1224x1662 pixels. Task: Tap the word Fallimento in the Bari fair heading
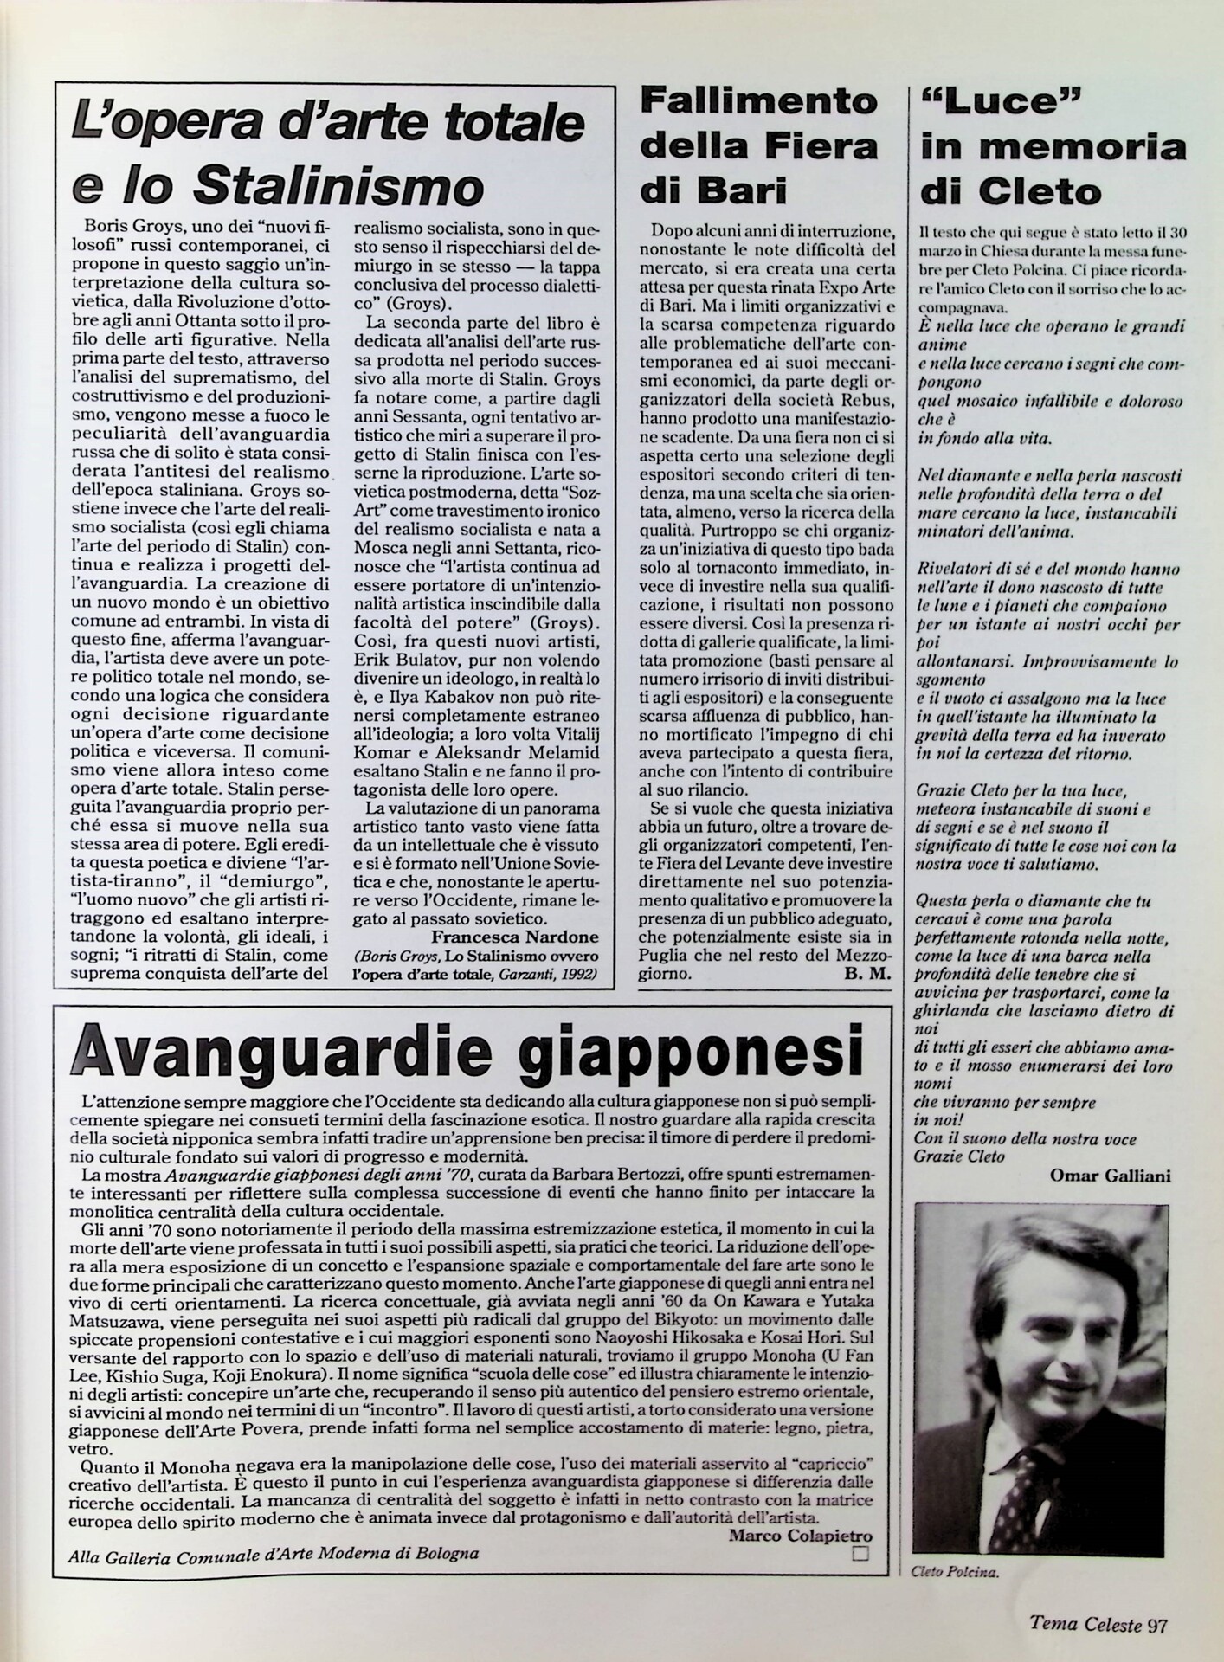(758, 102)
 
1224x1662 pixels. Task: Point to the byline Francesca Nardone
(514, 938)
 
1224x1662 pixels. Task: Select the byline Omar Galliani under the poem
(1110, 1176)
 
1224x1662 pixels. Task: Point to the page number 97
(1157, 1625)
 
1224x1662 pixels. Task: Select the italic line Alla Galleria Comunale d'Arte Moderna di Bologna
(274, 1554)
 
